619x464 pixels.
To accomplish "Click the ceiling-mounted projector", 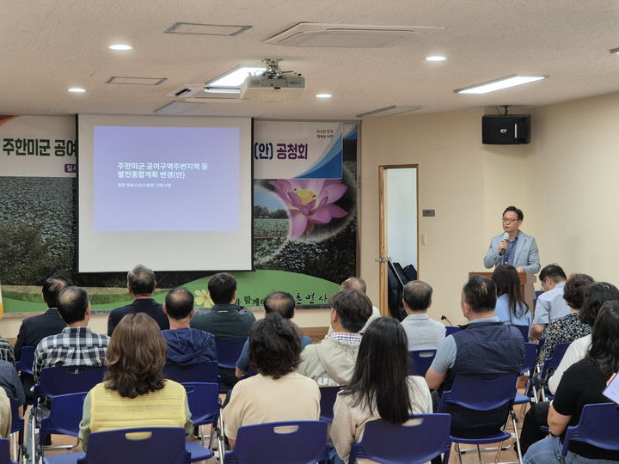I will (273, 83).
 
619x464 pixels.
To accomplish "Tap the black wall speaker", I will (506, 129).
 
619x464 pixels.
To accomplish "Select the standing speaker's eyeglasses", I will (511, 221).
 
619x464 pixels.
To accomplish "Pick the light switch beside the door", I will (428, 212).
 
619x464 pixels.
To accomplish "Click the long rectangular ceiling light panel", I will (500, 83).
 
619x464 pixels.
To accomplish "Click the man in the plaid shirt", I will (73, 335).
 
